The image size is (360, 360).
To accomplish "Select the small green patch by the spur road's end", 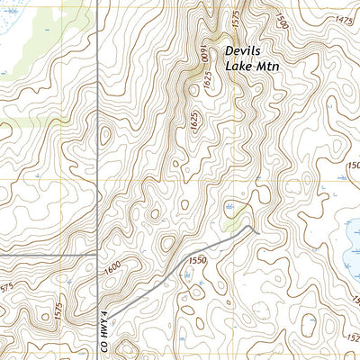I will pyautogui.click(x=235, y=221).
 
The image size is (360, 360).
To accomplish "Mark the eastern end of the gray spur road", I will pyautogui.click(x=258, y=231).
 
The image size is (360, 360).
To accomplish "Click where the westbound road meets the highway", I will pyautogui.click(x=97, y=255).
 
